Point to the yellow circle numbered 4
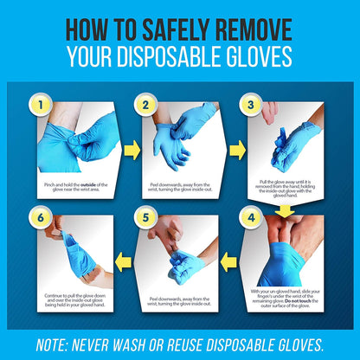click(252, 219)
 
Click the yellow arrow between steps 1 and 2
click(131, 151)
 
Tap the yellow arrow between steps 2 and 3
click(236, 151)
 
